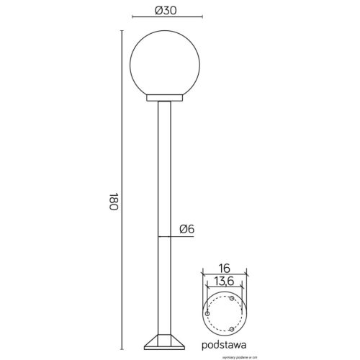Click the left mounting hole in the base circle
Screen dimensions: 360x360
pos(208,315)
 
